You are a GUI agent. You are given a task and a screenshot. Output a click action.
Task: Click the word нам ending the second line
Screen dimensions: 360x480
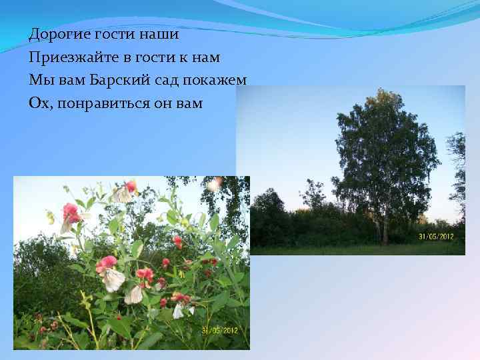point(205,57)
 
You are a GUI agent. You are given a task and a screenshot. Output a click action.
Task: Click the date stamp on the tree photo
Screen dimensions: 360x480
point(437,237)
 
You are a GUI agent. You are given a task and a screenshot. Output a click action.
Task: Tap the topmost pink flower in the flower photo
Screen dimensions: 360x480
point(131,186)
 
